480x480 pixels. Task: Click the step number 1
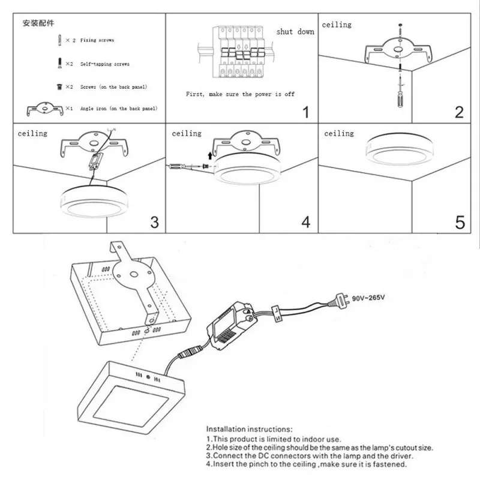(306, 112)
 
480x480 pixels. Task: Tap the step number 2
(459, 112)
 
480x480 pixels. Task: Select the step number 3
(154, 222)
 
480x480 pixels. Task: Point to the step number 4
(306, 222)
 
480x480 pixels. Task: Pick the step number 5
(460, 223)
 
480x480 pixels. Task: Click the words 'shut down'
(295, 32)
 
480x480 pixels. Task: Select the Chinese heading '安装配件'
(39, 24)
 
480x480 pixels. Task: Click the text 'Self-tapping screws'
(105, 64)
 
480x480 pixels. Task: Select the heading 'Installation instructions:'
(250, 430)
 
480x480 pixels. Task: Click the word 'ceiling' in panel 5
(339, 133)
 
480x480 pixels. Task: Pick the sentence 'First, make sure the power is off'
(240, 95)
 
